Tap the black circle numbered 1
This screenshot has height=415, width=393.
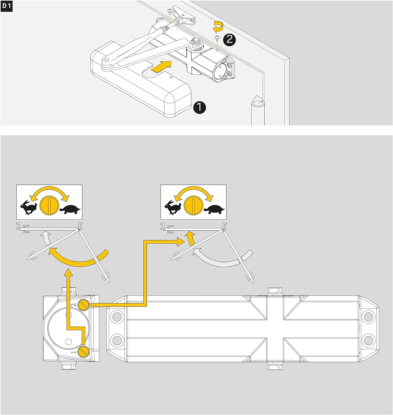200,107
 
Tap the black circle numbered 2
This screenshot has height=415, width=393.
229,40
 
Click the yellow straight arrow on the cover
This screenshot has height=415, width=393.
162,67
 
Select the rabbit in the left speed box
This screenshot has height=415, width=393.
28,207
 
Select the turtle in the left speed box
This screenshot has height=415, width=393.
70,209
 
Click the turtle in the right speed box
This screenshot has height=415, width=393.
215,209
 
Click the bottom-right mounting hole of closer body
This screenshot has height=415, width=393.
368,339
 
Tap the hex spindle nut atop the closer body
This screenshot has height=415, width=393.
275,291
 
